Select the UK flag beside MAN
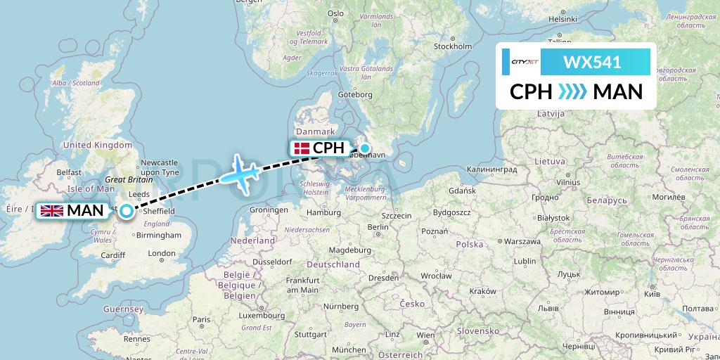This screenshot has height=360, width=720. point(51,210)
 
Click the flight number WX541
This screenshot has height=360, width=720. point(592,62)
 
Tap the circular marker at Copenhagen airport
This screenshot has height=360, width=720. point(365,148)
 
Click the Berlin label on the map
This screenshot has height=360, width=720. point(378,227)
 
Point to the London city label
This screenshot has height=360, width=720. point(162,253)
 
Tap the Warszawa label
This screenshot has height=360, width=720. point(520,241)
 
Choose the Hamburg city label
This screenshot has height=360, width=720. point(323,212)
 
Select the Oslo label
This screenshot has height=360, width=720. point(335,13)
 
